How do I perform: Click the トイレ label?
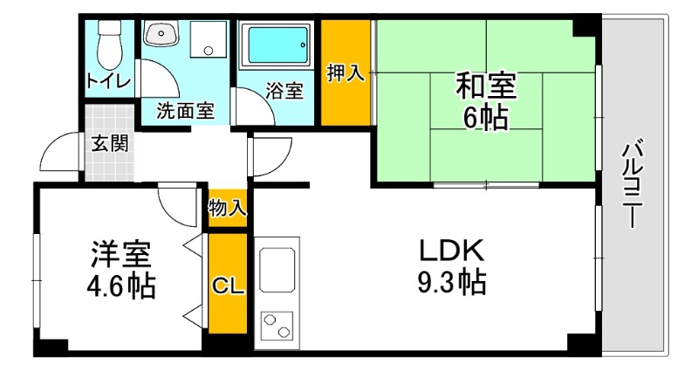(x=109, y=81)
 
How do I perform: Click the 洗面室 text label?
(x=185, y=110)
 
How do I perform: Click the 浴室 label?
(x=284, y=91)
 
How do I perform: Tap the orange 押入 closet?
(x=346, y=73)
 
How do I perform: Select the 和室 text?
(x=487, y=86)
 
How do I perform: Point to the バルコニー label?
(x=631, y=186)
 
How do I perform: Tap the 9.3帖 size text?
(x=450, y=282)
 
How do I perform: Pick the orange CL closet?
(x=227, y=283)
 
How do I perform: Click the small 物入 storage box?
(x=227, y=208)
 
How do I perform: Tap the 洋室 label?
(x=121, y=255)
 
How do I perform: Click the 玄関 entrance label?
(x=110, y=142)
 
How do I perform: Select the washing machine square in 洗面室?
(x=208, y=39)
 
